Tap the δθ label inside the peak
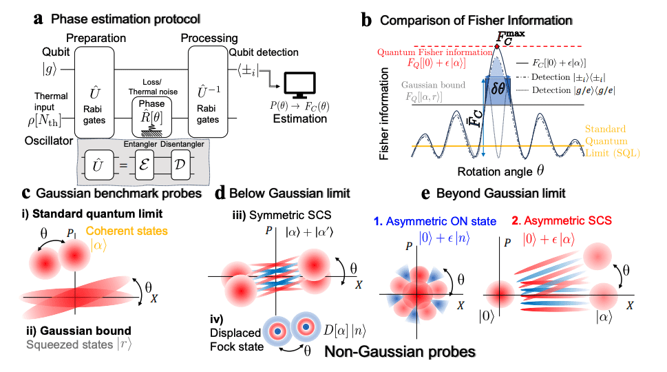point(496,91)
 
